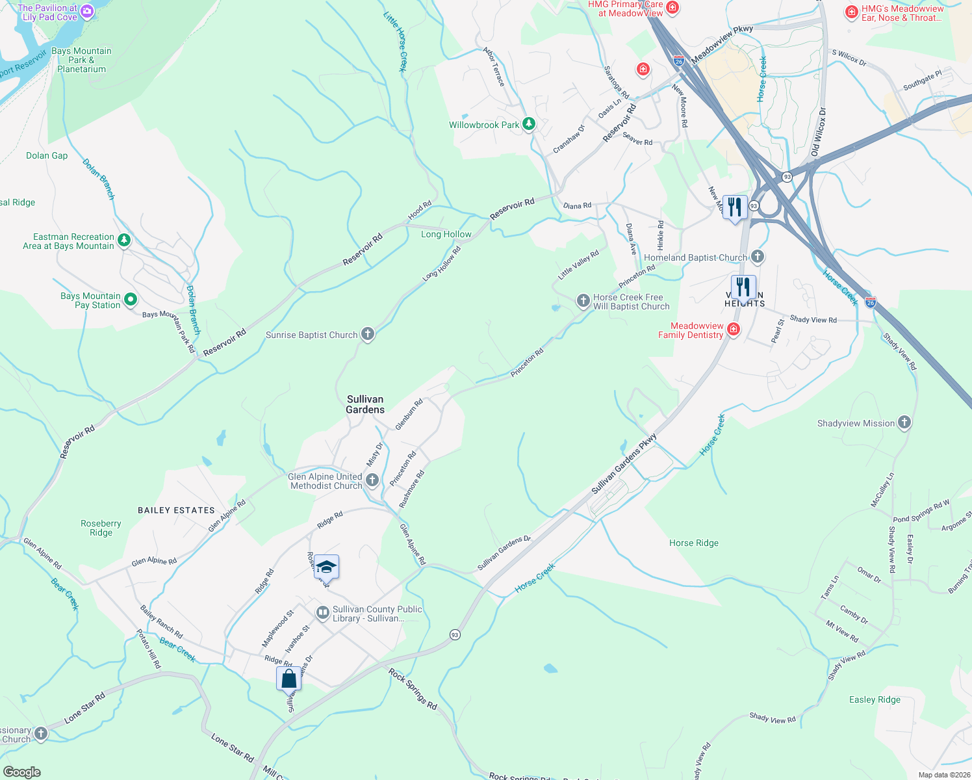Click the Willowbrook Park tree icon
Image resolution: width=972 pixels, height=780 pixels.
pos(529,124)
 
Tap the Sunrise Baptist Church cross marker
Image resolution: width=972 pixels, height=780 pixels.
pos(368,335)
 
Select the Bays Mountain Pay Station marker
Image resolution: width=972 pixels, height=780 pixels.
pos(131,300)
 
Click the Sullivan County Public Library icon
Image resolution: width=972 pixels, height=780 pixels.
pos(322,613)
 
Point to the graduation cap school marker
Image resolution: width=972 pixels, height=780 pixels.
pos(326,567)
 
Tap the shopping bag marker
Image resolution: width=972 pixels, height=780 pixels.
pos(288,679)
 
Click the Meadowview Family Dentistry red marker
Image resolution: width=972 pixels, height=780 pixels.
pos(734,330)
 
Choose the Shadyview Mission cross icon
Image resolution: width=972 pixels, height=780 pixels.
pos(904,422)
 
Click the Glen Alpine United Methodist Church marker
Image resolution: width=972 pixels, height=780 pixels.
pos(372,480)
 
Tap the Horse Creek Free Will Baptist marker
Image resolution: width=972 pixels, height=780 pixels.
pos(583,300)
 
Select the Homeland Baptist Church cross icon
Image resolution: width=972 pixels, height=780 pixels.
pos(758,257)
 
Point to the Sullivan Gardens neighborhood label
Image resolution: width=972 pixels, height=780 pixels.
pos(365,404)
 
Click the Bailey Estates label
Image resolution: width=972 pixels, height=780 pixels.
pos(176,510)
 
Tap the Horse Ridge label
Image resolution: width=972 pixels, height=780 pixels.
pos(694,543)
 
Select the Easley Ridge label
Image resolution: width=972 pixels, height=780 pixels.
pos(875,699)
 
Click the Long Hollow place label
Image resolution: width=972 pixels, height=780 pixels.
pos(446,234)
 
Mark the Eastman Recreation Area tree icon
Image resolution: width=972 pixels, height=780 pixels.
pos(123,240)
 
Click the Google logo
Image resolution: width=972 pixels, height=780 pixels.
pos(21,772)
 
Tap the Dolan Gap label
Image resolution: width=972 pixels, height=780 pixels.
pos(47,155)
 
